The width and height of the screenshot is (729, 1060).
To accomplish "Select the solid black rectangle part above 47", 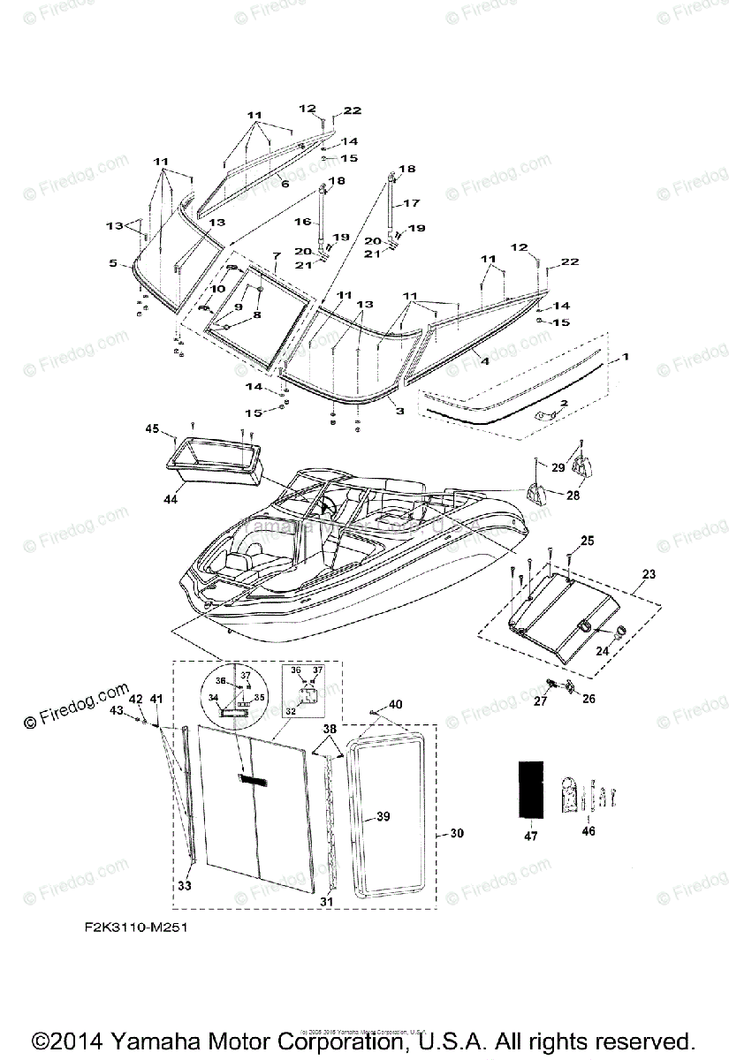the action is coord(531,788).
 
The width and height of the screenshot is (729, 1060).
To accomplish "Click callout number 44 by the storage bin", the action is coord(171,499).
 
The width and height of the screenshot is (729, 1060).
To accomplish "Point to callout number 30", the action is coord(456,833).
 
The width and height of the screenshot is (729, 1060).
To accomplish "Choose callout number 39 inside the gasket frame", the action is coord(383,817).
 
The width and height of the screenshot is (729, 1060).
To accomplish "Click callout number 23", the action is coord(649,573).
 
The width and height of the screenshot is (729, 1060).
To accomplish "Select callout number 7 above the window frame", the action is coord(276,255).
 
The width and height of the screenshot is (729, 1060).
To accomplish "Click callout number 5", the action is coord(113,262).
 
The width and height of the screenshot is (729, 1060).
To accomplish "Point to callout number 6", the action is coord(285,183).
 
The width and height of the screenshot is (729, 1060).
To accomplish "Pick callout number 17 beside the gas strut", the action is coord(412,203).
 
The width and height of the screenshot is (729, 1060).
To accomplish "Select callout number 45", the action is coord(152,429).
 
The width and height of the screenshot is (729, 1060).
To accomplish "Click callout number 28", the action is coord(573,496).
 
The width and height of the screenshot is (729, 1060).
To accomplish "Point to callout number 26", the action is coord(589,698).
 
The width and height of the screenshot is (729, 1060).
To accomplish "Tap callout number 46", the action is coord(589,830).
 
